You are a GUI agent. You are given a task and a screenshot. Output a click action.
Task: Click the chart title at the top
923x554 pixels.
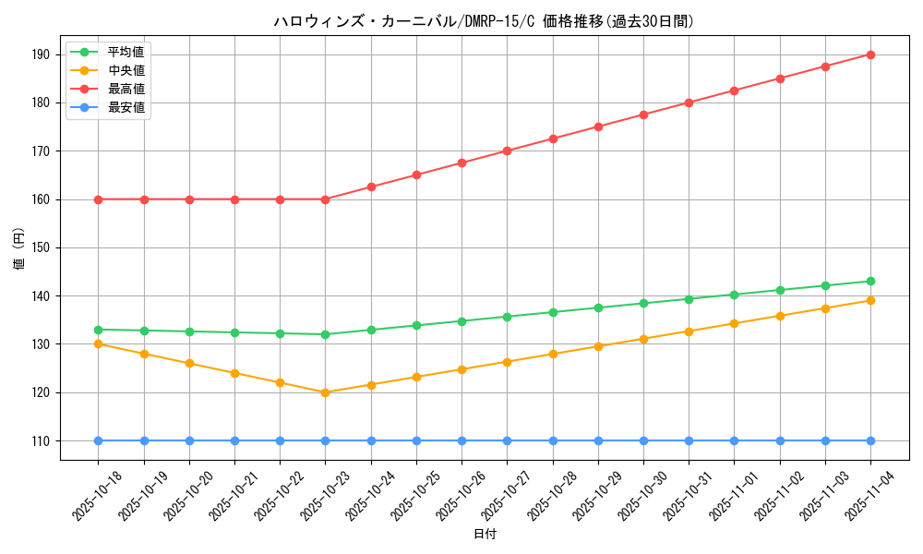[x=484, y=21]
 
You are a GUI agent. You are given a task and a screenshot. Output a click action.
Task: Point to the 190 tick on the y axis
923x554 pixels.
[x=41, y=54]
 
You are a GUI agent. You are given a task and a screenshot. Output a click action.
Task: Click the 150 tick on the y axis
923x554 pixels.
[x=41, y=247]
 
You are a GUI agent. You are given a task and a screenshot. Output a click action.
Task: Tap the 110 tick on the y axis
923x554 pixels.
[x=41, y=440]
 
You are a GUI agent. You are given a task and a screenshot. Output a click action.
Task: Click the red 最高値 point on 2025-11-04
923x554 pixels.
[x=870, y=54]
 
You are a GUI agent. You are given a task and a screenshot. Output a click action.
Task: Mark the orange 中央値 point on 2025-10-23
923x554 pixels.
[x=325, y=392]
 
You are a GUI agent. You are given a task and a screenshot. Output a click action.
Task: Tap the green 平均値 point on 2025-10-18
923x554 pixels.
[x=98, y=330]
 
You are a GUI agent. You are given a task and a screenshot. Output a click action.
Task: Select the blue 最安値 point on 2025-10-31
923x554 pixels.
[x=689, y=440]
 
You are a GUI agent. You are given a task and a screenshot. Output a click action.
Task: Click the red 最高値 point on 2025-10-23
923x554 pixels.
[x=325, y=199]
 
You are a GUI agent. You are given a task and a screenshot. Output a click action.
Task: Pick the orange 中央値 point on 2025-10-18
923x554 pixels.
[x=98, y=343]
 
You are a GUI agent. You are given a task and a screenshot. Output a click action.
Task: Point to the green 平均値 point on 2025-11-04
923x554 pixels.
[x=870, y=281]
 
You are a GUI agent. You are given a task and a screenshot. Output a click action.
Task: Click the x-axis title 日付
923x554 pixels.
[x=485, y=535]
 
